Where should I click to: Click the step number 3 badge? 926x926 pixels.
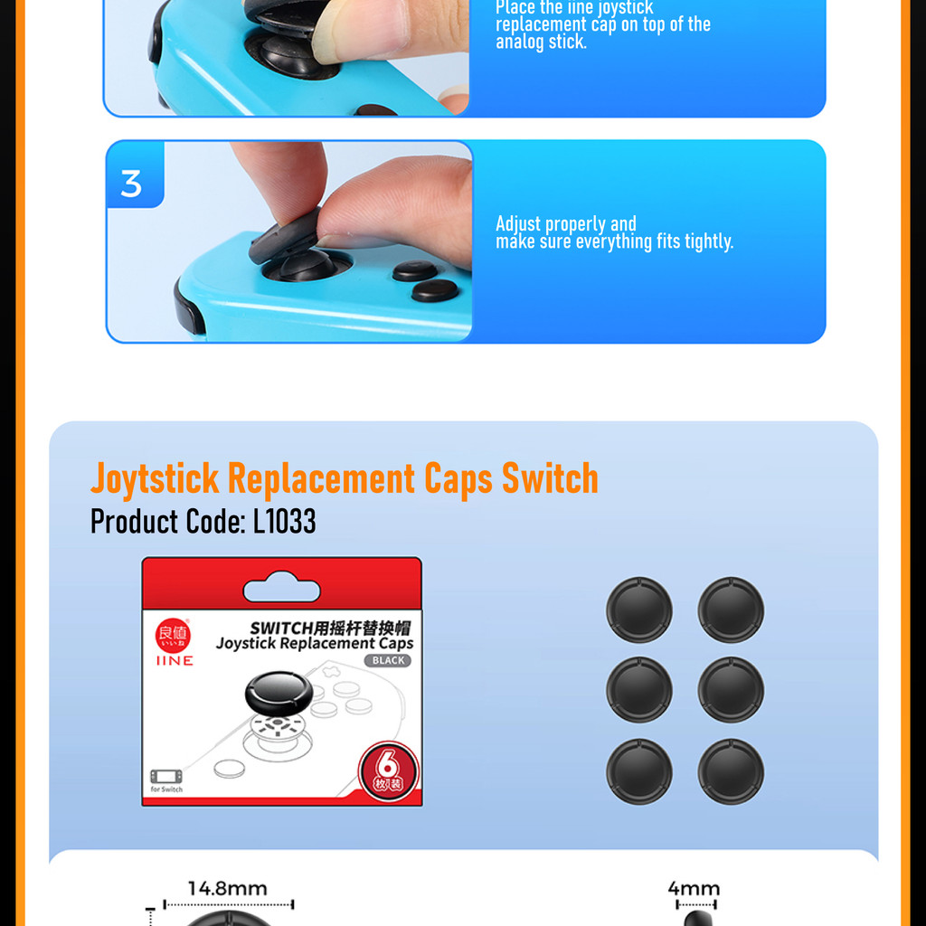(132, 184)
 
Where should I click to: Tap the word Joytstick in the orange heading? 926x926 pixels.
(155, 478)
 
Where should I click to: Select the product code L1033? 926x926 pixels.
(284, 522)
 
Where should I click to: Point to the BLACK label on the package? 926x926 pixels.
(388, 661)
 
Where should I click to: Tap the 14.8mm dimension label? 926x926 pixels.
(228, 889)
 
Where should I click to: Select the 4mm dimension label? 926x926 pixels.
(694, 889)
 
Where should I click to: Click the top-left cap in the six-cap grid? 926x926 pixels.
(639, 609)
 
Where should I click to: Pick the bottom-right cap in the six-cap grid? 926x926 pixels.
(731, 771)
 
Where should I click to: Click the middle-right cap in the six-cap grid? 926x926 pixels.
(731, 690)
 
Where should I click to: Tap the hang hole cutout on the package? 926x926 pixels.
(281, 591)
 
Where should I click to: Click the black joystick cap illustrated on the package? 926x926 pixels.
(279, 692)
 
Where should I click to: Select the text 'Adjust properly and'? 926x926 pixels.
(566, 223)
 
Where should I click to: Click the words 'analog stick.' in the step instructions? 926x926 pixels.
(541, 42)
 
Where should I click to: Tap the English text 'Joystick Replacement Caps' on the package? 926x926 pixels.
(315, 644)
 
